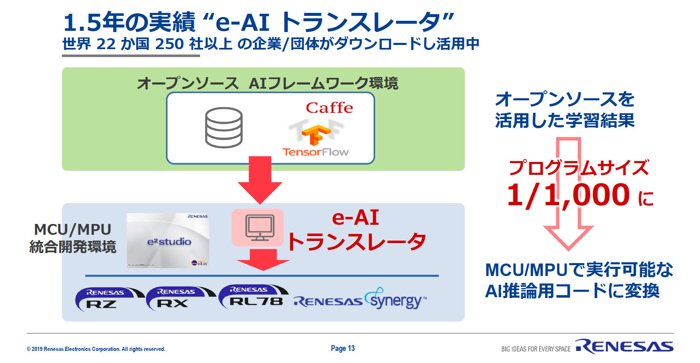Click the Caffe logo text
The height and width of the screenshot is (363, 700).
click(x=329, y=108)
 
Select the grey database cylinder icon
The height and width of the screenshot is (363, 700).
click(x=224, y=127)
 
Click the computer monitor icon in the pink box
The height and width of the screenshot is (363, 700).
click(x=259, y=227)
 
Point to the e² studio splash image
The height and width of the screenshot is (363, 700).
click(x=168, y=240)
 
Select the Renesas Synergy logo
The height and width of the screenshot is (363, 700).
click(x=360, y=299)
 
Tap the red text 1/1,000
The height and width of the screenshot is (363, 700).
click(x=568, y=195)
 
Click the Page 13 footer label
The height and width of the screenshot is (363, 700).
click(x=343, y=348)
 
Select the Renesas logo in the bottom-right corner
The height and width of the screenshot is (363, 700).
click(x=624, y=346)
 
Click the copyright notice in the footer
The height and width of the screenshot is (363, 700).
click(x=96, y=349)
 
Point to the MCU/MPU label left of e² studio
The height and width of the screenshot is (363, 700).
click(x=73, y=230)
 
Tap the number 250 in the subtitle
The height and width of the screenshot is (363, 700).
click(x=170, y=44)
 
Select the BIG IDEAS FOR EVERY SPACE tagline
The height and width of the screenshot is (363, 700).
click(x=536, y=349)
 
